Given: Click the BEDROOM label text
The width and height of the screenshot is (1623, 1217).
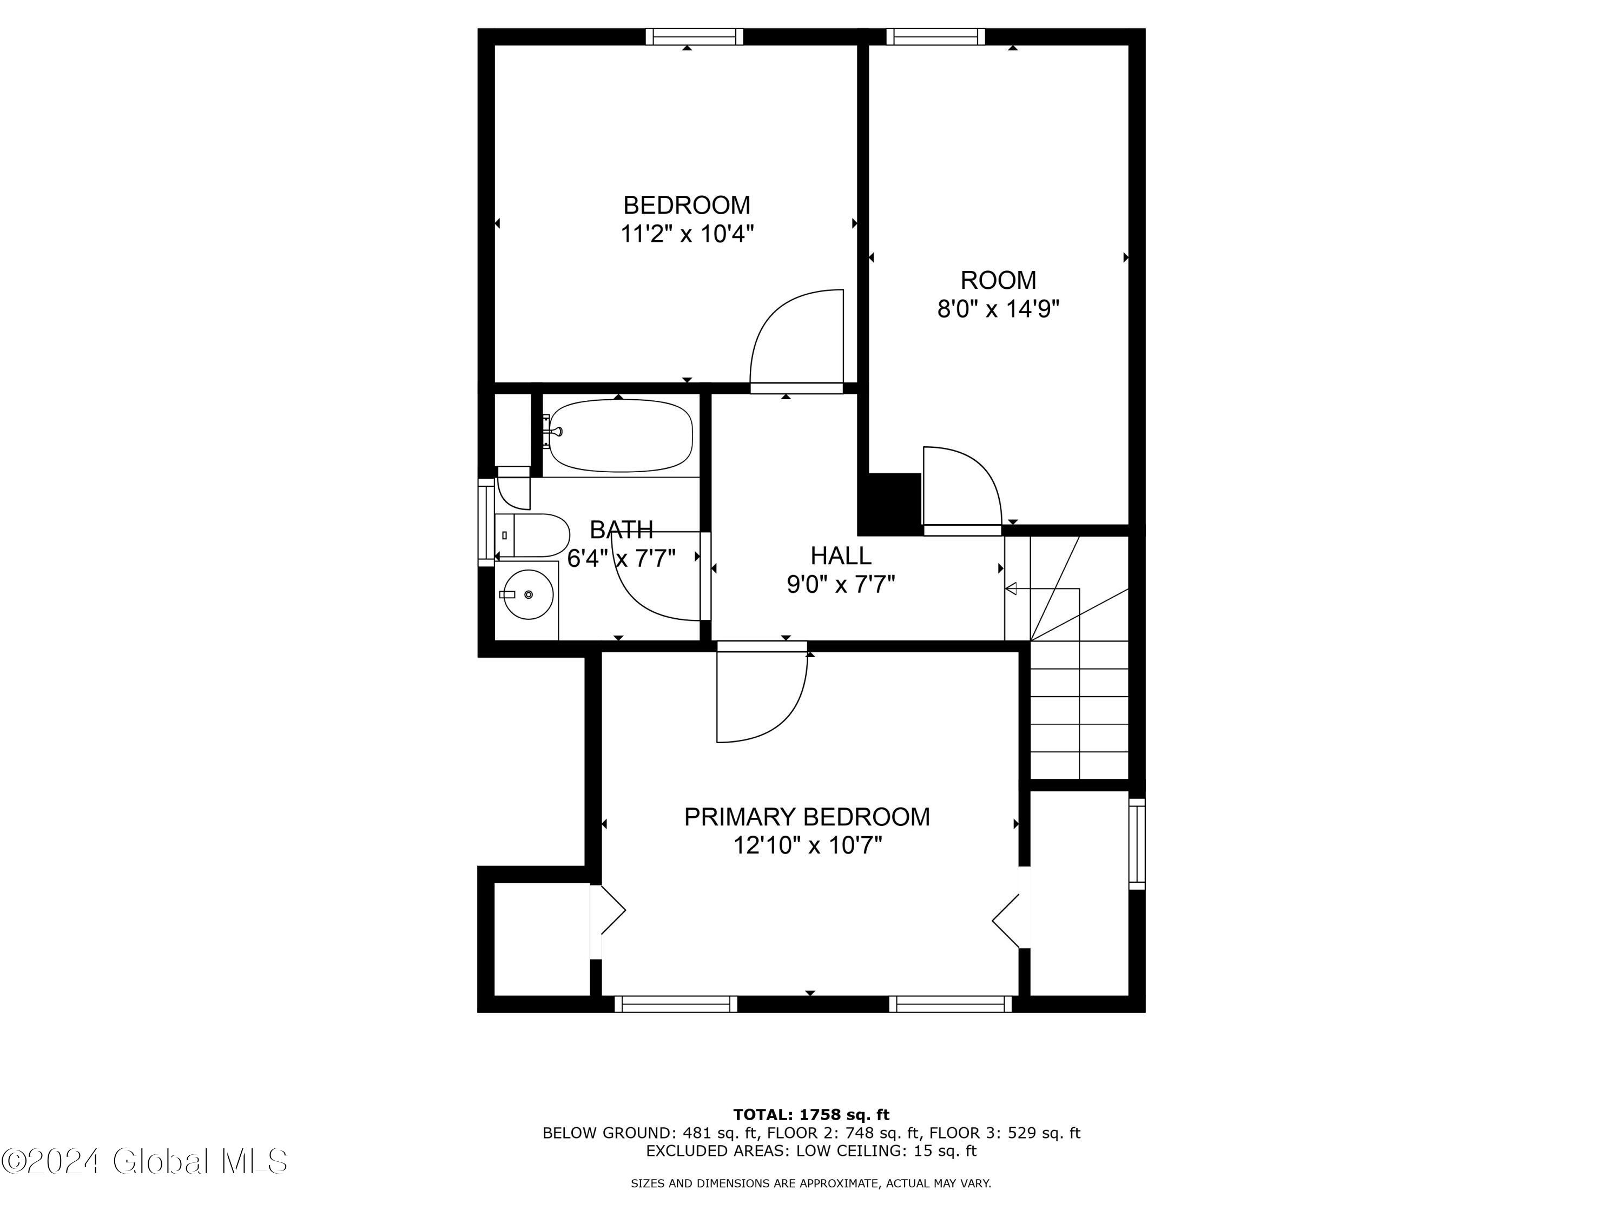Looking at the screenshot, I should pyautogui.click(x=686, y=204).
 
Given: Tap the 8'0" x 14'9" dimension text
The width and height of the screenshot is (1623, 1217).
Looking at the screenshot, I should pyautogui.click(x=998, y=309).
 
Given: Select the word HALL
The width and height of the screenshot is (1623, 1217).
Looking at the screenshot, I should pyautogui.click(x=841, y=555).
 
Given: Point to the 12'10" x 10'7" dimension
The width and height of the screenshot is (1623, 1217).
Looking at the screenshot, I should pyautogui.click(x=807, y=846).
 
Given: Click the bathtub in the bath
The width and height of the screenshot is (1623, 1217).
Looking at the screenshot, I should pyautogui.click(x=621, y=436).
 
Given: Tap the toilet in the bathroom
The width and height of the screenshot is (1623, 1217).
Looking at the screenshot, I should pyautogui.click(x=533, y=535).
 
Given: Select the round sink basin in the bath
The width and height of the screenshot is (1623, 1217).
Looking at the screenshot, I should pyautogui.click(x=528, y=594).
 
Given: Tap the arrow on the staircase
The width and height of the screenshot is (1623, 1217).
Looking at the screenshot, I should pyautogui.click(x=1042, y=588).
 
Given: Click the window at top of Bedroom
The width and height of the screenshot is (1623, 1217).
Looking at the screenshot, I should pyautogui.click(x=694, y=37).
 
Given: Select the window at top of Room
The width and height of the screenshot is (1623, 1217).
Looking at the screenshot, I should pyautogui.click(x=935, y=37).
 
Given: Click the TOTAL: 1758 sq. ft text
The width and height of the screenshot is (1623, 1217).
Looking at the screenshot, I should pyautogui.click(x=811, y=1115).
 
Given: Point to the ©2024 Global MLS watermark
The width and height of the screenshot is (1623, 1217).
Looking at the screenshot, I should pyautogui.click(x=144, y=1161).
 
